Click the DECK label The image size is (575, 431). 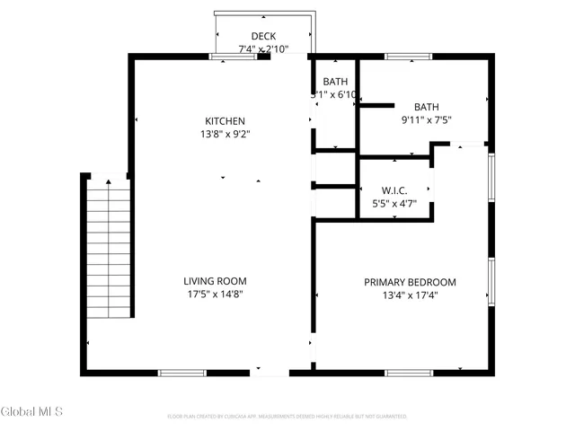[263, 36]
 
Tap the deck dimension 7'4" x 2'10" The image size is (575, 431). [263, 49]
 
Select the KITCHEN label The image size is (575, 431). [225, 121]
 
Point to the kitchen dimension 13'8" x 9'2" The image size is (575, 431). [225, 135]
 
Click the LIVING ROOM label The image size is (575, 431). [216, 281]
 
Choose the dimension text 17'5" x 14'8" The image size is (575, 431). [216, 295]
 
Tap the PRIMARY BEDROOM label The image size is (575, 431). [410, 282]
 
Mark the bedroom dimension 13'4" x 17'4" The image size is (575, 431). [410, 295]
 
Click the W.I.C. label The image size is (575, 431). [395, 190]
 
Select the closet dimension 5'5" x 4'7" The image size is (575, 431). [395, 204]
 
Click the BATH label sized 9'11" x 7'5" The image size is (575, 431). [426, 106]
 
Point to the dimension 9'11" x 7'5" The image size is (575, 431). [426, 120]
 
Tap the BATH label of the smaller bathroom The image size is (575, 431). [334, 81]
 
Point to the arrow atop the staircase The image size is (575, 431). [110, 182]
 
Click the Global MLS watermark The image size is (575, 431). [32, 412]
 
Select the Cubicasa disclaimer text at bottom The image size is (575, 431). [287, 417]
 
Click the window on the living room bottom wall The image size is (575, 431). [182, 371]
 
